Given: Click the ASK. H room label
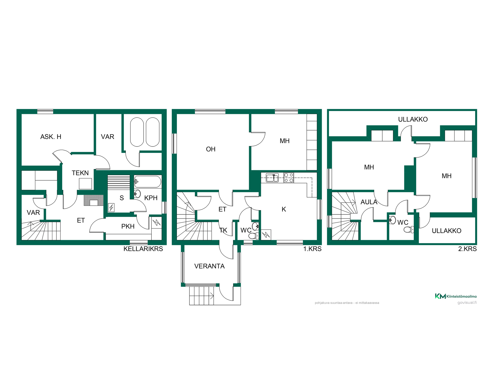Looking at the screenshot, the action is pos(51,137).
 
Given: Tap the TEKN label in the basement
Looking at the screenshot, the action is pos(80,173).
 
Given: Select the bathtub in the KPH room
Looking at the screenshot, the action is pos(147,181).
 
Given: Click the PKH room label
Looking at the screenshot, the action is pos(128,226).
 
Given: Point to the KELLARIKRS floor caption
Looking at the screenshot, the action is pos(143,249).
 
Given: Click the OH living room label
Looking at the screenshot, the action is pos(211,149).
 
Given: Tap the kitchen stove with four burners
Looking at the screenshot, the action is pos(289,178).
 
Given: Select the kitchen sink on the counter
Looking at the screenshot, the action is pos(272,178).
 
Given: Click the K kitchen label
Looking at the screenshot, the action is pos(284,209).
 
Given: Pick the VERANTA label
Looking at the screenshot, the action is pos(209,266).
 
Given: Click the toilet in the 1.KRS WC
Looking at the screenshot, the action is pos(254,236).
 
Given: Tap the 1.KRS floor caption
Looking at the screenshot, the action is pos(312,249).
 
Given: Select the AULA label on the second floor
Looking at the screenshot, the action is pos(369,202).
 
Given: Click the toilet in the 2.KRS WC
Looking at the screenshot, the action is pos(409,229).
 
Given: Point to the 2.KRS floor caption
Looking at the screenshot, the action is pos(467,249).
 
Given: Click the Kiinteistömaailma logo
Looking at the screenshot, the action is pos(456,296).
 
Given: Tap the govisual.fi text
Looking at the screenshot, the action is pos(467,303).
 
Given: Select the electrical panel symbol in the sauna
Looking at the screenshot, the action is pos(111,207).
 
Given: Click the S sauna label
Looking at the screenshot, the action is pos(122,198).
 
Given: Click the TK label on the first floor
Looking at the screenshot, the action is pos(223,230).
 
